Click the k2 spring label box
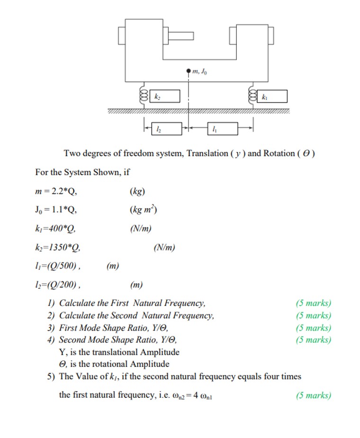click(165, 97)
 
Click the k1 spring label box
click(272, 97)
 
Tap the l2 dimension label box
click(166, 128)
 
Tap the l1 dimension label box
click(222, 128)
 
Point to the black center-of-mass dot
click(189, 72)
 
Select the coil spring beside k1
click(251, 96)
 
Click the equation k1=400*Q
click(55, 229)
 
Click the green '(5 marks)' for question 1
click(313, 303)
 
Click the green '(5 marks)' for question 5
click(313, 395)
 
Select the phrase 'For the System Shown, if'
click(82, 172)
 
